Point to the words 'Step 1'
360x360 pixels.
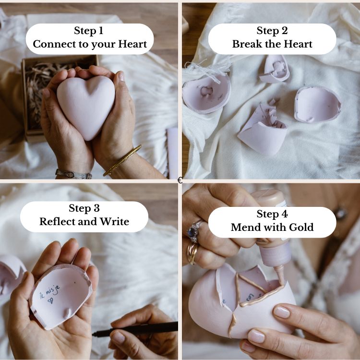[x=88, y=31]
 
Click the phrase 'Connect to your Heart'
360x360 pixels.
[x=90, y=45]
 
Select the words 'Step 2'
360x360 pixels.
[x=272, y=31]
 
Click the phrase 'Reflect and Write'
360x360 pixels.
[x=84, y=222]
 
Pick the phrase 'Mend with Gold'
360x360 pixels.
[x=272, y=227]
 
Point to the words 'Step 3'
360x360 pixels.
[x=84, y=208]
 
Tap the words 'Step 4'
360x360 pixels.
[x=272, y=214]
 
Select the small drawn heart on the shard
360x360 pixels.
[x=50, y=300]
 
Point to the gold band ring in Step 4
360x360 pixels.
[x=193, y=252]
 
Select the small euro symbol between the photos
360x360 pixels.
[x=180, y=180]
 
